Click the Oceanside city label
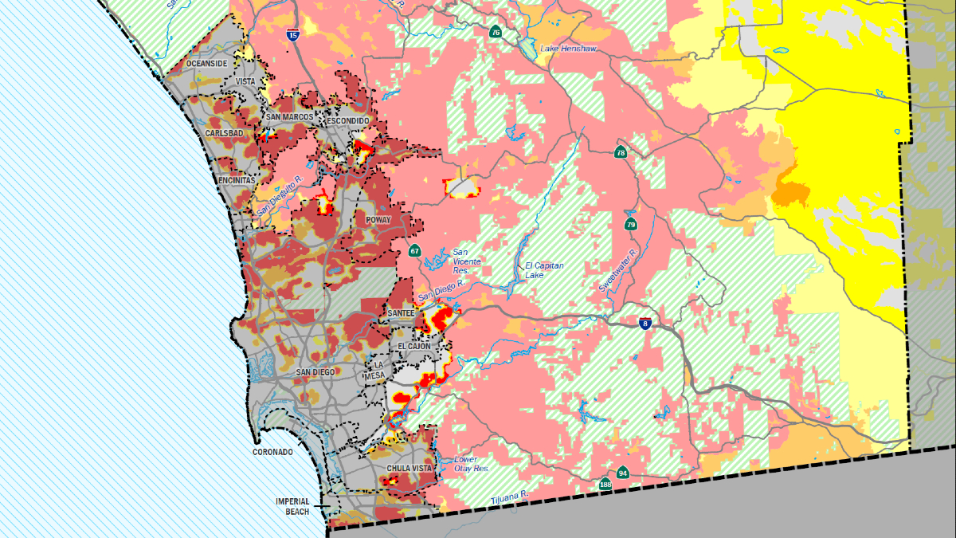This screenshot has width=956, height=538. (206, 63)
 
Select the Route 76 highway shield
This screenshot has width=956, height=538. (496, 33)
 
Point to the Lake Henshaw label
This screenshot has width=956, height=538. (567, 49)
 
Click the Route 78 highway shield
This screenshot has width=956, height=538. (621, 152)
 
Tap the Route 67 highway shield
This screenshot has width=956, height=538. (414, 251)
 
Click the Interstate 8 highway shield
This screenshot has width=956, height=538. (645, 324)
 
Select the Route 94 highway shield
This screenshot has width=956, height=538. (622, 473)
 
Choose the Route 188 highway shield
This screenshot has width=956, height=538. (606, 484)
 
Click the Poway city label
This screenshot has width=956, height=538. (378, 219)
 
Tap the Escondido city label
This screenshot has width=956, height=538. (347, 120)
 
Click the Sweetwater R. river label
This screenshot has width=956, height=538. (619, 269)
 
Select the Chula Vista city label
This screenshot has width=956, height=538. (409, 468)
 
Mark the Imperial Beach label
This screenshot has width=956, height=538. (292, 506)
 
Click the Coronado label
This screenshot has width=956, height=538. (273, 452)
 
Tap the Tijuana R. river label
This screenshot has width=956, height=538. (510, 496)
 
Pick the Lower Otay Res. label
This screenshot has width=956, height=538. (471, 464)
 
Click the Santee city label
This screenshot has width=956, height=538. (401, 314)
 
